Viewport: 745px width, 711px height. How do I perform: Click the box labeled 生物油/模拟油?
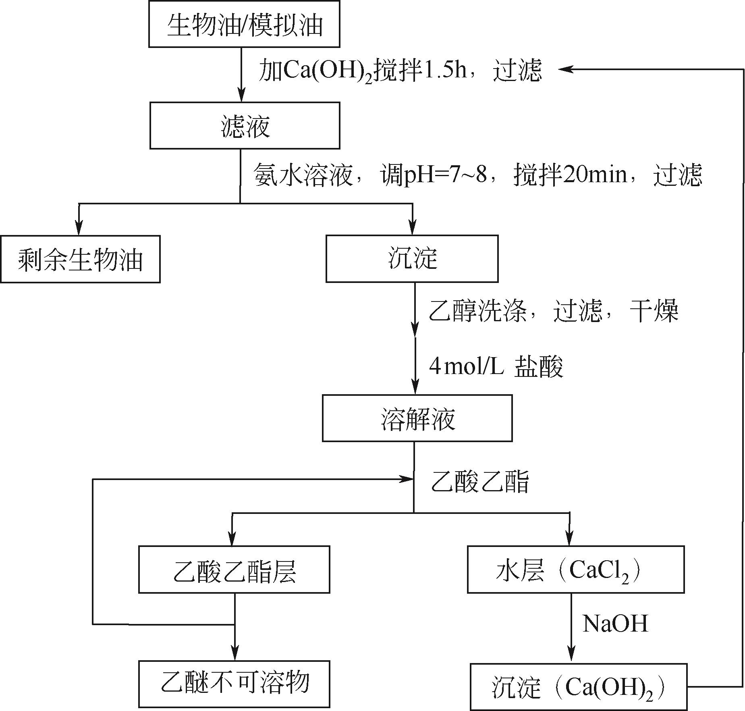point(244,24)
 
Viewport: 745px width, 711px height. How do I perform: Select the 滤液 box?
point(245,126)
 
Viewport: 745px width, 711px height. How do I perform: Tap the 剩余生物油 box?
point(80,259)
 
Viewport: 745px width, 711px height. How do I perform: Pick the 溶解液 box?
point(417,418)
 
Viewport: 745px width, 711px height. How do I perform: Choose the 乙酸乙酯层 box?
point(234,570)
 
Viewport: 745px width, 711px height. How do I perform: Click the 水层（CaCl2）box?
point(575,570)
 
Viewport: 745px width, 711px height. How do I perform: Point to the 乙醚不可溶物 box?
point(234,684)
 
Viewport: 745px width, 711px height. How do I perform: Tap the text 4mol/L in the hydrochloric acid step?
point(466,367)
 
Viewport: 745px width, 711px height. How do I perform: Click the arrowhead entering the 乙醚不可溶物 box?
point(234,653)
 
